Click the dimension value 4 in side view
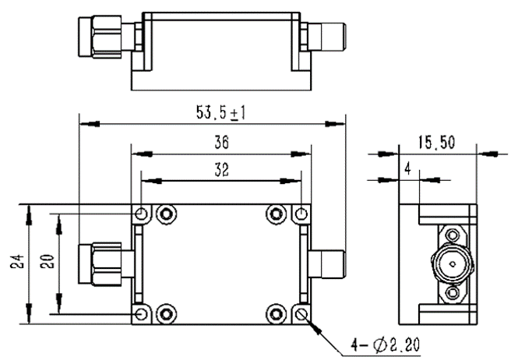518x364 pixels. pos(407,168)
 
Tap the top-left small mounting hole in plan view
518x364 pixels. pos(140,214)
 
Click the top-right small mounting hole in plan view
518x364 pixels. pos(303,214)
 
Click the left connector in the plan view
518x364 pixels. pos(106,263)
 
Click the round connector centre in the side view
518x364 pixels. pos(450,263)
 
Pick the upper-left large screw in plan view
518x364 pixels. pos(165,214)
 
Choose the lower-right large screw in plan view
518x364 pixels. pos(276,313)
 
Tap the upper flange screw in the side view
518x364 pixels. pos(450,235)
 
